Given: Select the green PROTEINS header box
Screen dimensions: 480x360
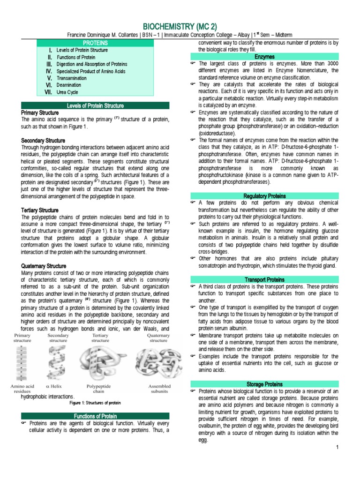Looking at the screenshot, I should coord(96,43).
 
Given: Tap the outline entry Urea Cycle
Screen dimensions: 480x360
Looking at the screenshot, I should coord(68,92).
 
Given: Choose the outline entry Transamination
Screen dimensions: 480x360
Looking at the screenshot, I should coord(71,78).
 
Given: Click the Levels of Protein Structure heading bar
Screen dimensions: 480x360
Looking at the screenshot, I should coord(96,105).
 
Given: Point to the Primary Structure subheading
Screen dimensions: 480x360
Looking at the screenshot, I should coord(40,113).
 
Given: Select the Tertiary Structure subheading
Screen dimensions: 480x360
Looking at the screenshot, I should coord(40,210).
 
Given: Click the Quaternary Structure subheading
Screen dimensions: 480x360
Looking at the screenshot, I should coord(43,266).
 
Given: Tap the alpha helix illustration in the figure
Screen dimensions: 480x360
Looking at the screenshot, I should coord(58,363).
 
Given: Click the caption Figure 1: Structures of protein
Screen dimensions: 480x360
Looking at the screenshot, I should coord(95,403).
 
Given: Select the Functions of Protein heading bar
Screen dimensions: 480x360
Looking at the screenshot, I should coord(96,416).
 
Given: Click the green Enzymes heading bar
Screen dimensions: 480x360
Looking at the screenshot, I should coord(265,56).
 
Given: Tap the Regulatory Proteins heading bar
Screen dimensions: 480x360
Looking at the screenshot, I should coord(265,195).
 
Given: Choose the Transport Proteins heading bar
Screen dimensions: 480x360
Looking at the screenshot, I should coord(265,280).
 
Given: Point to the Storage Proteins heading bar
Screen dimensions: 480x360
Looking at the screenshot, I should coord(265,384).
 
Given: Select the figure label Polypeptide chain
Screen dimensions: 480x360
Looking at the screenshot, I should coord(99,389).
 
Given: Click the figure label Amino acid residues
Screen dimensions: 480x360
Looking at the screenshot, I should coord(22,389).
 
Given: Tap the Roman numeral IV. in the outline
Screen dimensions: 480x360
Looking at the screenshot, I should coord(48,71).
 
